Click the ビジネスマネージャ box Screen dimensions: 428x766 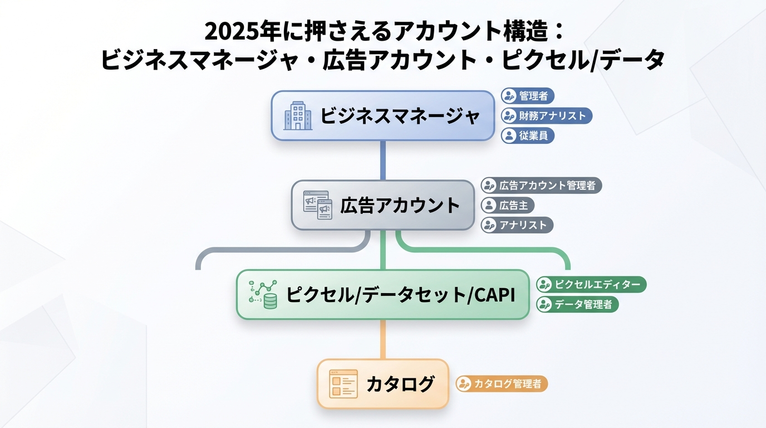pyautogui.click(x=383, y=116)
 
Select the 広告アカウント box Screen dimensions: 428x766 pyautogui.click(x=383, y=205)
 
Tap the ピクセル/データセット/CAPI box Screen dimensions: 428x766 pyautogui.click(x=383, y=294)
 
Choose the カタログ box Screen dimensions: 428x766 pyautogui.click(x=383, y=384)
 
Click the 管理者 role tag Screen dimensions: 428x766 pyautogui.click(x=528, y=96)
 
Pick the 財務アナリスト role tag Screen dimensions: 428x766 pyautogui.click(x=546, y=116)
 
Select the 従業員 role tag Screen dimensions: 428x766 pyautogui.click(x=528, y=135)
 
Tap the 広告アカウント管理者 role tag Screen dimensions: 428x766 pyautogui.click(x=541, y=185)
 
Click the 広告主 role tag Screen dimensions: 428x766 pyautogui.click(x=507, y=205)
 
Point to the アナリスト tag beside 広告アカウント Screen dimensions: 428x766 pyautogui.click(x=517, y=225)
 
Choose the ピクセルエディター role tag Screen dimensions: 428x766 pyautogui.click(x=591, y=284)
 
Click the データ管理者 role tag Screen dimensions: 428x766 pyautogui.click(x=577, y=304)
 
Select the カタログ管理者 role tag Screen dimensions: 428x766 pyautogui.click(x=502, y=384)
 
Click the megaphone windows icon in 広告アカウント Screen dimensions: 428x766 pyautogui.click(x=317, y=205)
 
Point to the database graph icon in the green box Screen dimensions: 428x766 pyautogui.click(x=263, y=294)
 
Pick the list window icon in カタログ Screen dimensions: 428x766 pyautogui.click(x=343, y=384)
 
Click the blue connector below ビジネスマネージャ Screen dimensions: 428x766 pyautogui.click(x=383, y=160)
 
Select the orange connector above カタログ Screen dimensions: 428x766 pyautogui.click(x=383, y=339)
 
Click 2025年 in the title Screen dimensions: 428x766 pyautogui.click(x=234, y=32)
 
